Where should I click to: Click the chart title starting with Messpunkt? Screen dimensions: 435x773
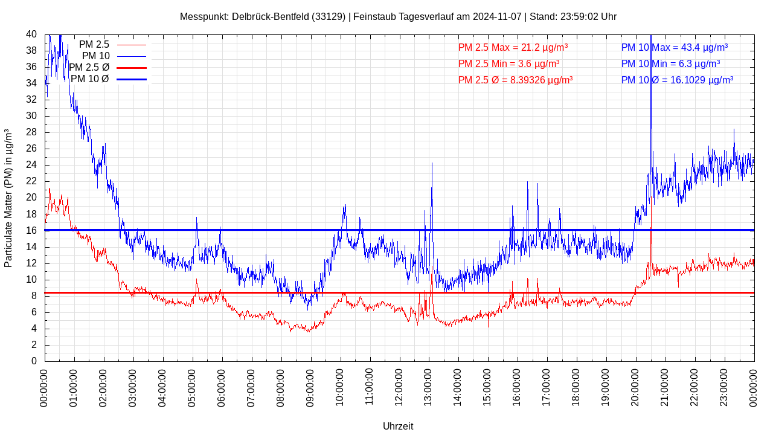(x=398, y=16)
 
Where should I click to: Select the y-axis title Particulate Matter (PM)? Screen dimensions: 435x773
(x=8, y=198)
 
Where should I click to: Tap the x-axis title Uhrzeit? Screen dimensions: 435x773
(x=398, y=426)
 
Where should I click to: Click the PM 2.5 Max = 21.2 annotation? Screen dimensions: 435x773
(x=513, y=47)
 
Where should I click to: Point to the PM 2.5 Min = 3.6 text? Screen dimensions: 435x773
(x=508, y=63)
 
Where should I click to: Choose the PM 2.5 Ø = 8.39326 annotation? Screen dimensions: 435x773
(x=515, y=80)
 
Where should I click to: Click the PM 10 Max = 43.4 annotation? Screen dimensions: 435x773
(x=674, y=47)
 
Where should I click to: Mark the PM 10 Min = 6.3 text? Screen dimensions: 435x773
(x=670, y=63)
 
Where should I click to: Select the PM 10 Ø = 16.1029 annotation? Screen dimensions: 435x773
(x=677, y=80)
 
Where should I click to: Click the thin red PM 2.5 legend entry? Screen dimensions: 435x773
(x=112, y=45)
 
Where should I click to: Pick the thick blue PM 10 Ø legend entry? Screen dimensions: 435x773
(x=108, y=79)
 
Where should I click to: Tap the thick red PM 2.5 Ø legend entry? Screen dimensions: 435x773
(x=107, y=68)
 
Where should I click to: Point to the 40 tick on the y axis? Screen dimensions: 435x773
(x=31, y=34)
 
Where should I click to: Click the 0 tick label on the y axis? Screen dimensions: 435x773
(x=34, y=361)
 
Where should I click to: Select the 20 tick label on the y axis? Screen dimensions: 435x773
(x=31, y=198)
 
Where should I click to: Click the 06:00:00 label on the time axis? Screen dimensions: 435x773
(x=222, y=386)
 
